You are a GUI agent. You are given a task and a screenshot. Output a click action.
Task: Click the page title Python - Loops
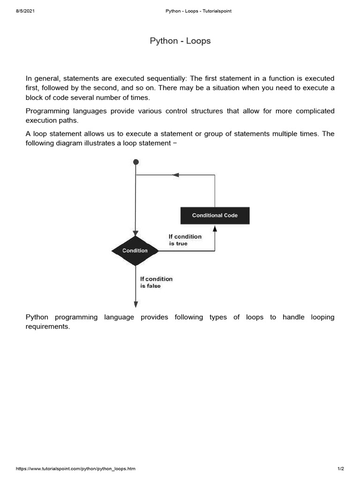click(x=180, y=41)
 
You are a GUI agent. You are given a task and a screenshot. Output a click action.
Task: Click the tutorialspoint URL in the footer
click(x=76, y=469)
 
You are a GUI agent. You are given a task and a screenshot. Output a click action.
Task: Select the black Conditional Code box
click(x=215, y=216)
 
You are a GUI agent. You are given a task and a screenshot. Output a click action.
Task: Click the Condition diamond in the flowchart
click(x=135, y=251)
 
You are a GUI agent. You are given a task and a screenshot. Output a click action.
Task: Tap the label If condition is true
click(x=185, y=240)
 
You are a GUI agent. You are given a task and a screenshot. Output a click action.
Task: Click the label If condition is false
click(x=156, y=282)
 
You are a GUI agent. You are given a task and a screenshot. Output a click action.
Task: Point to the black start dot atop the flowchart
click(x=136, y=162)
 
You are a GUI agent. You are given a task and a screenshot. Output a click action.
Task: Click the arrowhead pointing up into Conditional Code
click(x=215, y=228)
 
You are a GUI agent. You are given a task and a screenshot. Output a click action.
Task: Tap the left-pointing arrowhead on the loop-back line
click(x=175, y=175)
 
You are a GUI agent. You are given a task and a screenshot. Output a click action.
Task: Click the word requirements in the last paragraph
click(x=47, y=326)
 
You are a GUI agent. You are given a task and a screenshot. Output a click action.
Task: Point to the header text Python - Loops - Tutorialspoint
click(x=199, y=11)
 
